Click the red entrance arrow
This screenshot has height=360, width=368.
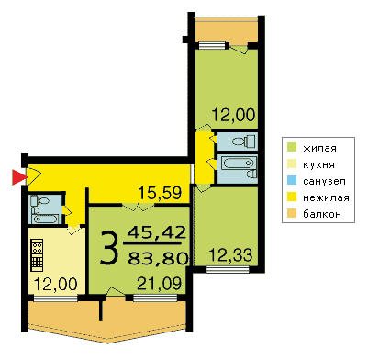coord(17,178)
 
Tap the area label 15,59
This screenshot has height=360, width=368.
coord(160,193)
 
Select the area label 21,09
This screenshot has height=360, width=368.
coord(159,284)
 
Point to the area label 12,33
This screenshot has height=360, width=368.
coord(230,254)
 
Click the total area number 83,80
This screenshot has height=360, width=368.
coord(158,260)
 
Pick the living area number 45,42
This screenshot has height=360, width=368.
coord(157,232)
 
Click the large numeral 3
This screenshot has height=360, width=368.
coord(109,248)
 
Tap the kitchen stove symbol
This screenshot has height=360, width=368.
coord(37,255)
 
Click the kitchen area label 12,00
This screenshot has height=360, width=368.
coord(55,284)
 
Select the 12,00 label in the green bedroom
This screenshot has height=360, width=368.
coord(233,116)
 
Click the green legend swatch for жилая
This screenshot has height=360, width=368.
coord(292,148)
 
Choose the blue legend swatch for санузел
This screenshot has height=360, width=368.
coord(292,181)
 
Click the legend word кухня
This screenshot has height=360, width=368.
coord(318,164)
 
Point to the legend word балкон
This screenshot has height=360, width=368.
coord(322,214)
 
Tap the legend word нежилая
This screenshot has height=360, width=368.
coord(326,197)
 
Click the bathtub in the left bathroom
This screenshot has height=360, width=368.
coord(45,219)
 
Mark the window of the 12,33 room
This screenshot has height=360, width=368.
coord(228,269)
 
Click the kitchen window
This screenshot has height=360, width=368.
coord(56,298)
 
